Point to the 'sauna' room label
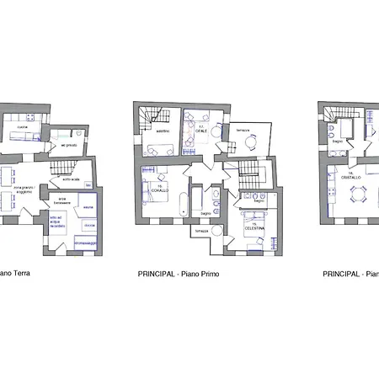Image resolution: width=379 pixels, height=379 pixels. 88,206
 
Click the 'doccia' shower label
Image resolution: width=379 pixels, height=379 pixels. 89,226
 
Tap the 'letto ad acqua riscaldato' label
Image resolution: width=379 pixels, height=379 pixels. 57,222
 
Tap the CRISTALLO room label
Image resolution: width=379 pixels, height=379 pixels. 351,178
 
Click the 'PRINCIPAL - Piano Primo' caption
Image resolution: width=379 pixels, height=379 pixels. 179,274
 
